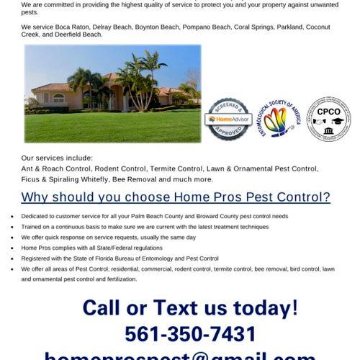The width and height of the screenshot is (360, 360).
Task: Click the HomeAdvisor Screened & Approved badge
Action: point(229,119)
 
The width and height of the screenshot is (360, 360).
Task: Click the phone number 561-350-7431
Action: point(189,334)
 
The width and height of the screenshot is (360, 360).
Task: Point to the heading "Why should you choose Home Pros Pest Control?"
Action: point(176,197)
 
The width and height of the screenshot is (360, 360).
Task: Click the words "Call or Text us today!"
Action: point(189,308)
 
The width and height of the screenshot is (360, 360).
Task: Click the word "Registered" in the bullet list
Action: point(37,258)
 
